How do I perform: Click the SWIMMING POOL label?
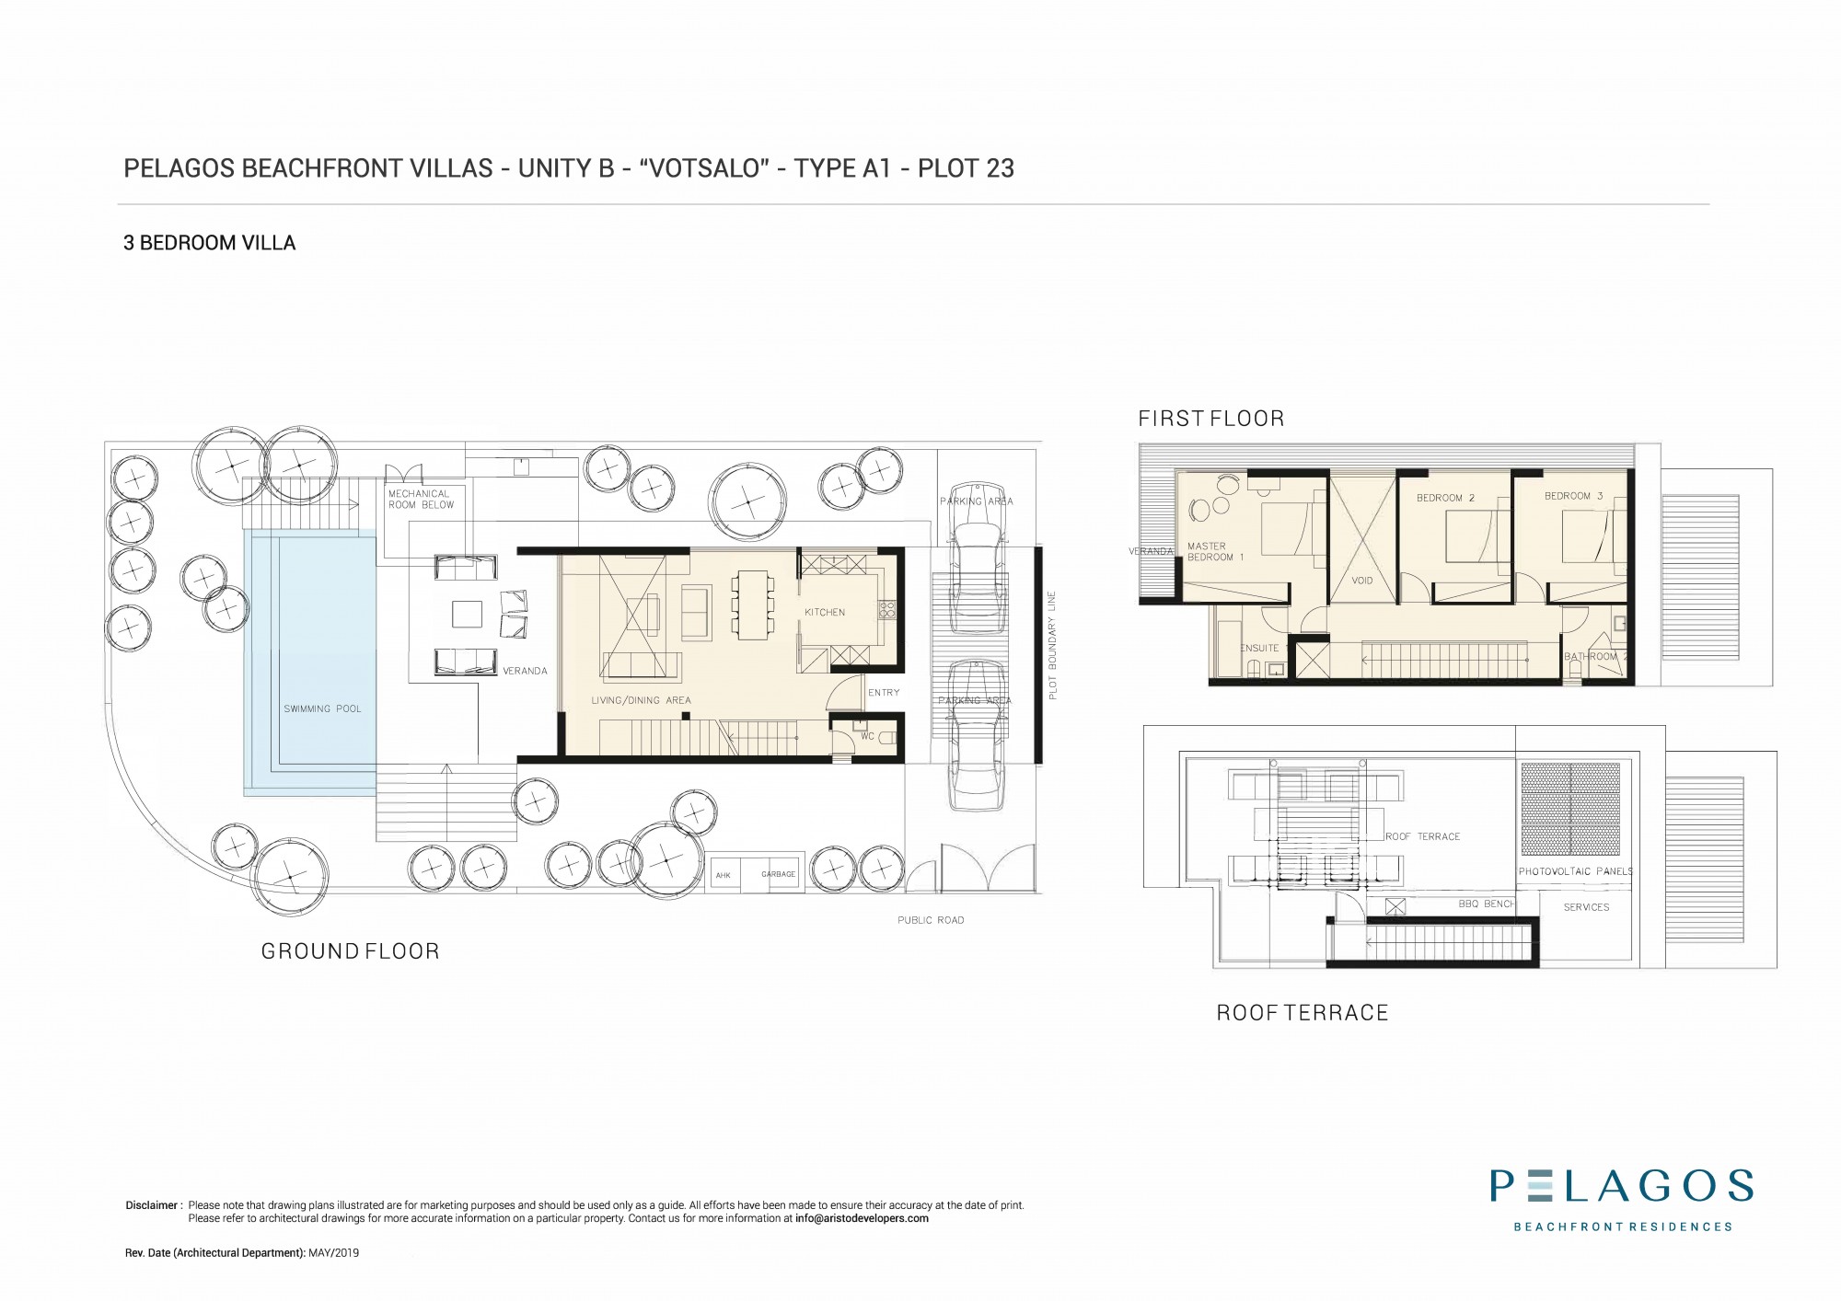(322, 708)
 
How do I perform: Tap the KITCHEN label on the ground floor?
(825, 612)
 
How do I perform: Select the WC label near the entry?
(867, 736)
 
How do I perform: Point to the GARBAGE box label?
(779, 874)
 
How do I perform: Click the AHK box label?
(724, 875)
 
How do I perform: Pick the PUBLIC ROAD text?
(931, 920)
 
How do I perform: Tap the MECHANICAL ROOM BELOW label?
(422, 500)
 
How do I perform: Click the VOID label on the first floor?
(1362, 581)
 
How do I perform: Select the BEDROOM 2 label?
(1446, 498)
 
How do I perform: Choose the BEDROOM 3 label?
(1574, 496)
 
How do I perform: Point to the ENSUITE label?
(1259, 648)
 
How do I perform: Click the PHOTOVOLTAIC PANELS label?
(1576, 871)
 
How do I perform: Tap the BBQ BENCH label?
(1487, 904)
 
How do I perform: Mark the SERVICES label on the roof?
(1587, 907)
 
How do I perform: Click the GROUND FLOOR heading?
(351, 951)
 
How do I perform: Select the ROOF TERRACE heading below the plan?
(1303, 1013)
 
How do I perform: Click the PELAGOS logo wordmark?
(1622, 1186)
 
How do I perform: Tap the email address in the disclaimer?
(862, 1218)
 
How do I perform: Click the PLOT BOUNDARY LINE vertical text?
(1053, 644)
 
